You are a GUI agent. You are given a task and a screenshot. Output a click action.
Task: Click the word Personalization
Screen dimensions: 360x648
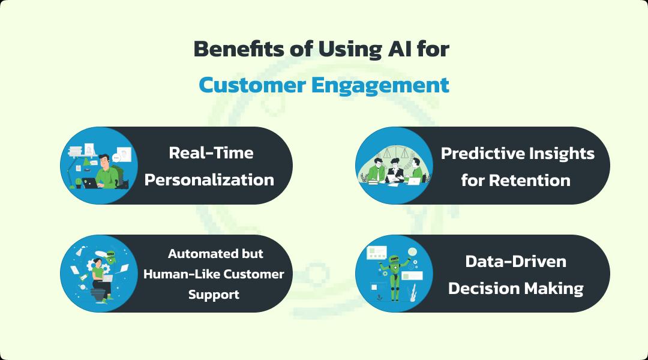[209, 179]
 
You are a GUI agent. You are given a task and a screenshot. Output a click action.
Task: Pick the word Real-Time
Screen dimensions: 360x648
[211, 153]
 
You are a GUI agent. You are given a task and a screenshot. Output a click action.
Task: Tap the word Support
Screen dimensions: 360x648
[214, 295]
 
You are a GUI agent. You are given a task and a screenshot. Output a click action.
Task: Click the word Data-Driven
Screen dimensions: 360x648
[515, 262]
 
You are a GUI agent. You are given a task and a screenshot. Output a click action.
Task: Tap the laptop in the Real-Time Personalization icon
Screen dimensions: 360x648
[92, 183]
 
